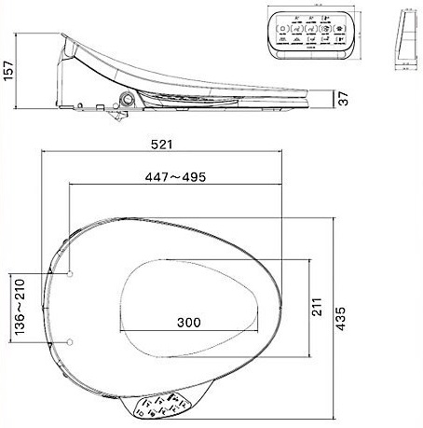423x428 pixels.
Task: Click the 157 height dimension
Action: point(8,69)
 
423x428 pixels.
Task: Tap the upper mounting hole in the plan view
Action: point(72,274)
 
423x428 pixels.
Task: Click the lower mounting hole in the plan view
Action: point(72,340)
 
